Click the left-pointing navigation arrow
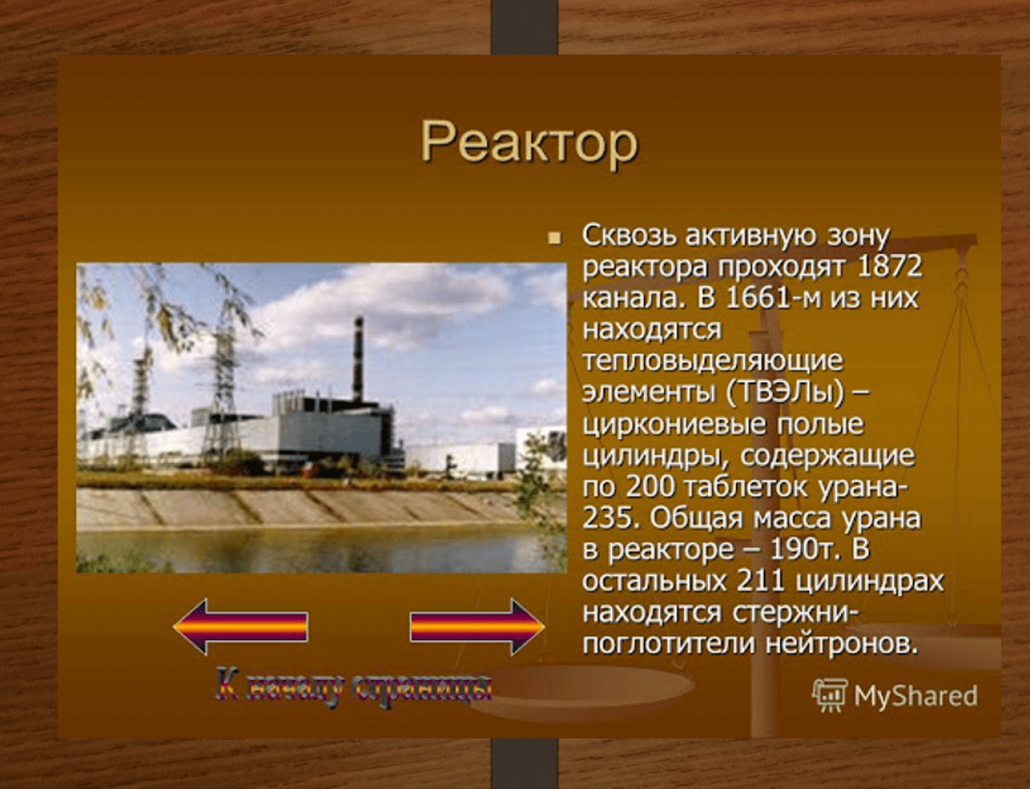click(x=241, y=627)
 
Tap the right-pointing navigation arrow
click(x=477, y=627)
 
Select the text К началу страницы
click(x=354, y=689)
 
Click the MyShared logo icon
click(x=830, y=695)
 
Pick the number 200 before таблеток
click(x=650, y=488)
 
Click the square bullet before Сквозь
click(x=554, y=238)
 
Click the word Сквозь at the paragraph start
click(x=628, y=236)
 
